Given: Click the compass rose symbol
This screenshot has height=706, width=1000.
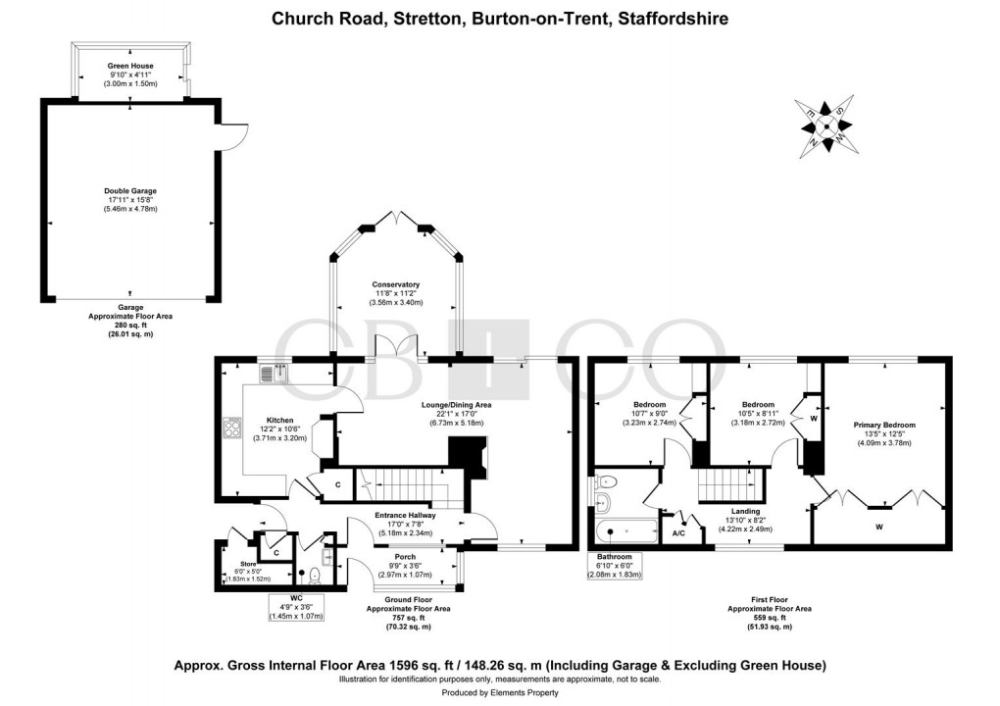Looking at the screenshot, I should [x=826, y=126].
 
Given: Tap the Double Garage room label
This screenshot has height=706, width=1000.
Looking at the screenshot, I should [x=130, y=191].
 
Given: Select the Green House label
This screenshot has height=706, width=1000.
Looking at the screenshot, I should [x=130, y=67].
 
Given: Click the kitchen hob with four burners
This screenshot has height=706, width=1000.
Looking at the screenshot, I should [x=233, y=428].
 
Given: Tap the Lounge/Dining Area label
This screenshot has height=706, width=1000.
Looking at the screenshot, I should [x=456, y=404].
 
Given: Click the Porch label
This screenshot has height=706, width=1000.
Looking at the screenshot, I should [x=404, y=557].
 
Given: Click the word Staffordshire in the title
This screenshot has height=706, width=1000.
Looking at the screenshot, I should [x=669, y=19].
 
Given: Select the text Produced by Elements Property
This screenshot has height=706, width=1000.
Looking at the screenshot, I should [x=499, y=694].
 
